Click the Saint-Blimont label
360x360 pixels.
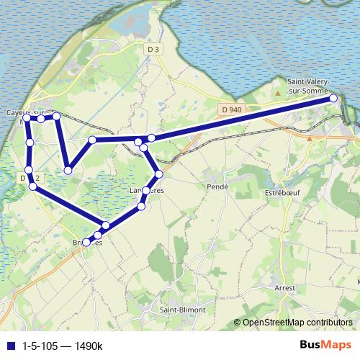click(x=182, y=310)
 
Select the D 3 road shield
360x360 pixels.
click(x=152, y=49)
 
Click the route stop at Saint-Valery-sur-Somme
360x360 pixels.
click(x=334, y=98)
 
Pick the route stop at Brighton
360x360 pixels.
click(x=87, y=243)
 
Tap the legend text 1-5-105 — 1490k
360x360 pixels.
click(x=63, y=346)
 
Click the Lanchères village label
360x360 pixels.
click(x=147, y=190)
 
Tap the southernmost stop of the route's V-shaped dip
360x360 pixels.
click(x=68, y=171)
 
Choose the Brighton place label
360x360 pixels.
click(x=87, y=243)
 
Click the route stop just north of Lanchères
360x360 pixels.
click(x=158, y=174)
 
